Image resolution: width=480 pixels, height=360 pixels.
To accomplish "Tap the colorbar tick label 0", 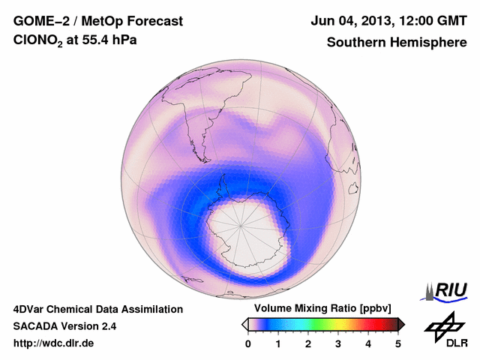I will tap(248, 343).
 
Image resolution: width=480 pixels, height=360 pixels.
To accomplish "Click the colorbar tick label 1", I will tap(278, 343).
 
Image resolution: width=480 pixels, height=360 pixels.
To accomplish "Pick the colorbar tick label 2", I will tap(308, 343).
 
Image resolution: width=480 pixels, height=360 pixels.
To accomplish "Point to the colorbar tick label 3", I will tap(338, 343).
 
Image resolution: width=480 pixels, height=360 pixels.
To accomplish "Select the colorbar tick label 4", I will tap(368, 343).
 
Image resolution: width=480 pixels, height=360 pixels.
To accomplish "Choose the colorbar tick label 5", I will tap(398, 343).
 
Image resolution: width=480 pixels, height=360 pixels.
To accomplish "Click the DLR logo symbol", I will tap(442, 326).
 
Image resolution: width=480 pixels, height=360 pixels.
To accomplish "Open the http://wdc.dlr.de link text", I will tap(54, 343).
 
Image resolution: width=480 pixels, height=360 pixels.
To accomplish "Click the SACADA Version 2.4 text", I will tap(64, 326).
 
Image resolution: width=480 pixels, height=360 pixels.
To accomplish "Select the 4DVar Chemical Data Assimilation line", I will tap(97, 309).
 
